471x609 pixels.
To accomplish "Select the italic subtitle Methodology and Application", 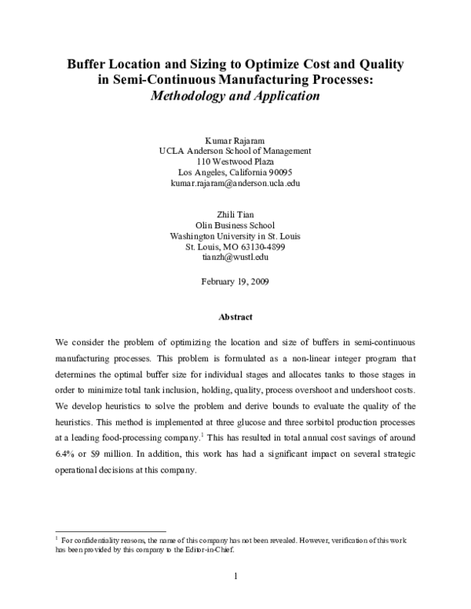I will pyautogui.click(x=235, y=97).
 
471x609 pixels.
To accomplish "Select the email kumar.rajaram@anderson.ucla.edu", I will pyautogui.click(x=235, y=184).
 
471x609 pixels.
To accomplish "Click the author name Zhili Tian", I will pyautogui.click(x=235, y=213).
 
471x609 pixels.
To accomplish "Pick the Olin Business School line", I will pyautogui.click(x=235, y=224).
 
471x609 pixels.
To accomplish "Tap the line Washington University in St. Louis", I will pyautogui.click(x=235, y=235).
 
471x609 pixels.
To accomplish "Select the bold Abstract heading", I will pyautogui.click(x=235, y=317).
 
